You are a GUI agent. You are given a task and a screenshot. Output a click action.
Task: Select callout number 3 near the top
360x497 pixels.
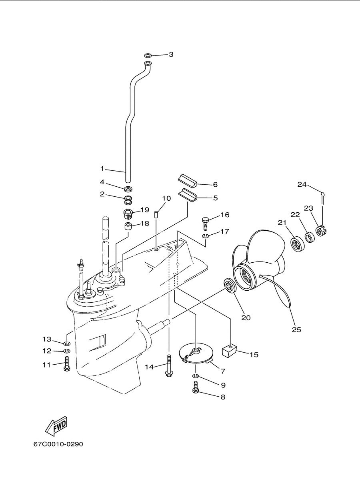click(x=171, y=54)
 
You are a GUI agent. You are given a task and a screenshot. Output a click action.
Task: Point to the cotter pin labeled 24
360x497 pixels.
click(x=323, y=198)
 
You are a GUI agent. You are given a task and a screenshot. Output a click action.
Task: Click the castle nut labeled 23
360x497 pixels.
click(x=322, y=231)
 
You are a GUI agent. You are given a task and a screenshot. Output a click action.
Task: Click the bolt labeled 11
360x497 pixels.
click(x=66, y=363)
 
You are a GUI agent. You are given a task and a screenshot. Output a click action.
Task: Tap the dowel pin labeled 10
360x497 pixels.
click(x=156, y=215)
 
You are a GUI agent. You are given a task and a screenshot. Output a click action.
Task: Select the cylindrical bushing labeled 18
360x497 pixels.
click(x=128, y=227)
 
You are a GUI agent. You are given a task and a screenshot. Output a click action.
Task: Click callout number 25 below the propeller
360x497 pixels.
click(x=296, y=329)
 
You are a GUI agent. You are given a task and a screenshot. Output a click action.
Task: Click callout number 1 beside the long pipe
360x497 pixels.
click(x=102, y=169)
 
